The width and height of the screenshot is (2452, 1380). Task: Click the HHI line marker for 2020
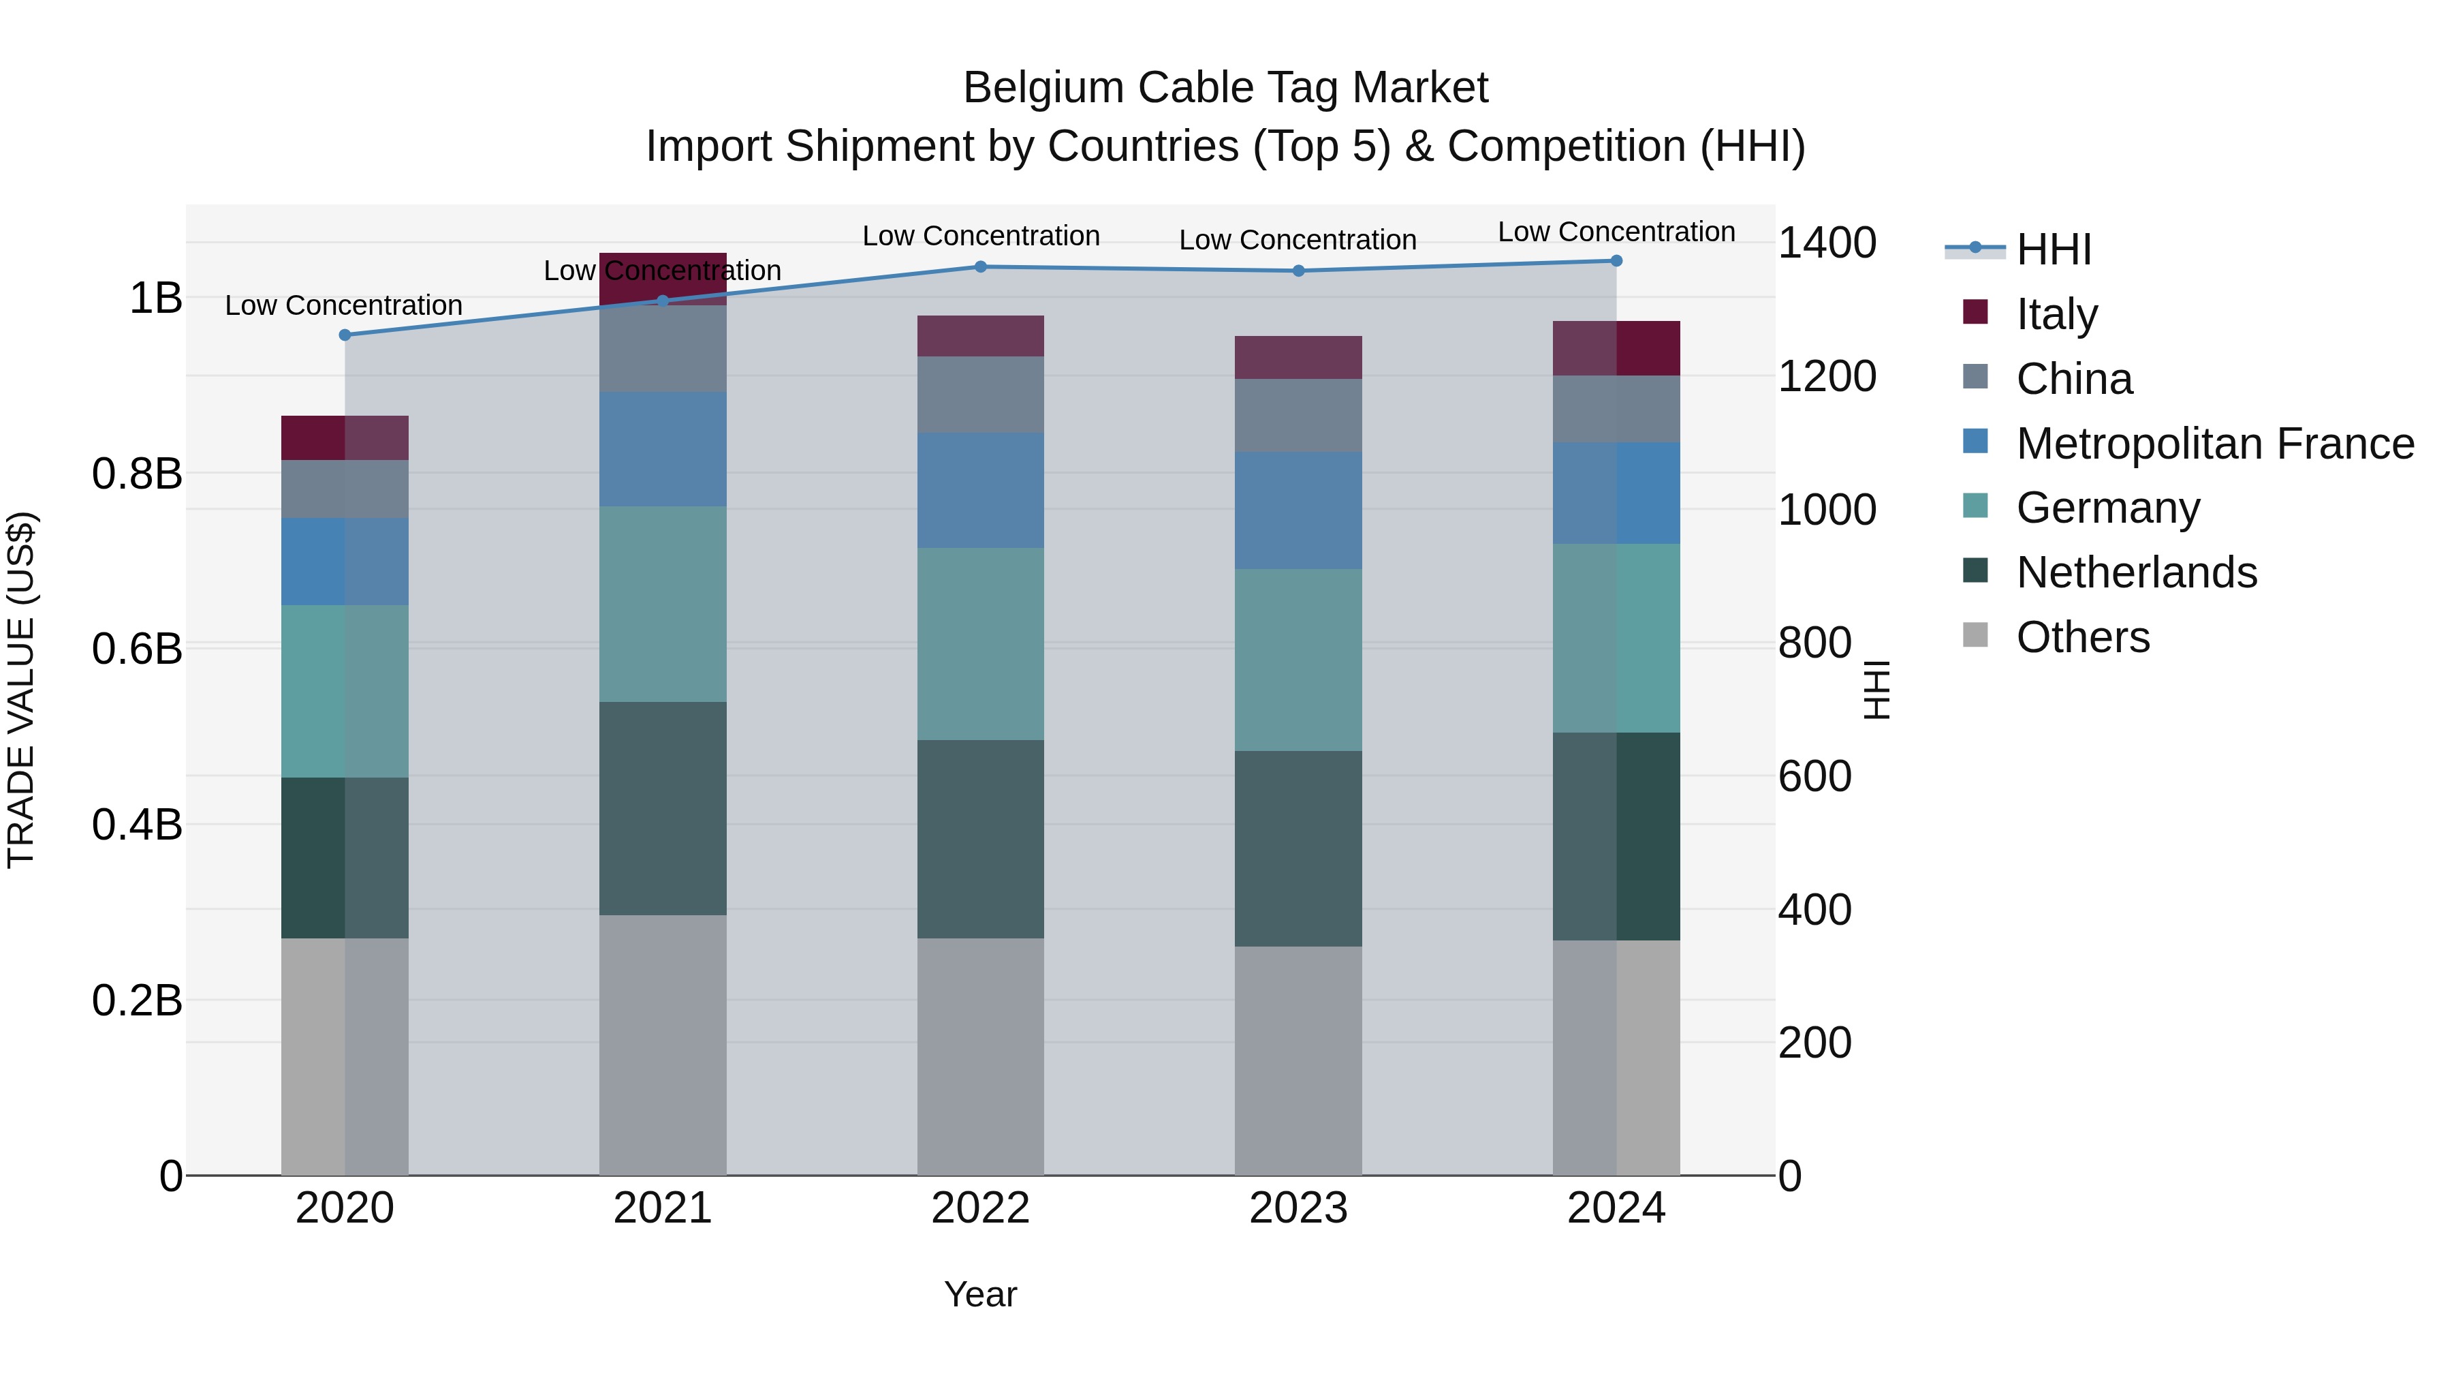point(345,335)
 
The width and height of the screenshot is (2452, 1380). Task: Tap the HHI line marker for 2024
point(1616,261)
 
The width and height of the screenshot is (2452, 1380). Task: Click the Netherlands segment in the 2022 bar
point(980,839)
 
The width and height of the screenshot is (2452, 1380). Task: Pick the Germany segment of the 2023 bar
point(1298,660)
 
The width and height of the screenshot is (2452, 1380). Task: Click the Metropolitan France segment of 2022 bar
point(980,491)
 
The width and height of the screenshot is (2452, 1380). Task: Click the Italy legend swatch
point(1975,312)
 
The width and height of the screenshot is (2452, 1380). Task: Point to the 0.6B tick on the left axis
point(137,649)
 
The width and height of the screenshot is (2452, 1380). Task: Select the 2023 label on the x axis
point(1298,1208)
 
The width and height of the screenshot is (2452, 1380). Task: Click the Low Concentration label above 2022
point(980,236)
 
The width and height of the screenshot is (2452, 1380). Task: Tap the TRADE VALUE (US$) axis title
point(21,690)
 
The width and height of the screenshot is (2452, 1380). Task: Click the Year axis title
point(980,1294)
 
